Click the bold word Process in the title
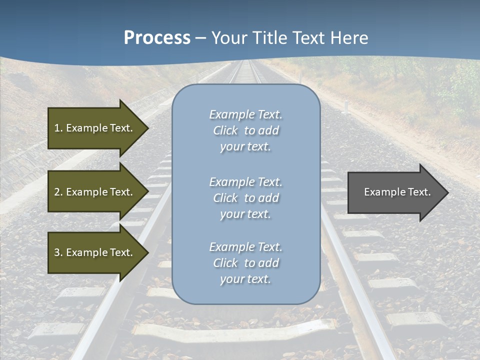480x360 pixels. (x=157, y=38)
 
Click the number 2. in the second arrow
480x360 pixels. (x=58, y=192)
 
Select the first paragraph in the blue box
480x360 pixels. (x=245, y=130)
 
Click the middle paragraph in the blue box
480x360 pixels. (x=245, y=198)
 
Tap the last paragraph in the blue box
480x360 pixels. (x=245, y=263)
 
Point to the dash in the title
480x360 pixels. (x=201, y=38)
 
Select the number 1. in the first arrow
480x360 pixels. (x=58, y=128)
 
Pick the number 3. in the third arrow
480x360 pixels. (x=58, y=252)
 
